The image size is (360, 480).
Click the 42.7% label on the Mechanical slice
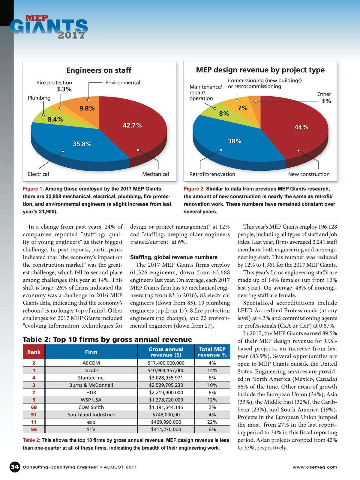click(132, 125)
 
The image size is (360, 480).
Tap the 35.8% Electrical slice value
click(82, 144)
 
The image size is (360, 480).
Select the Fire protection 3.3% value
click(64, 89)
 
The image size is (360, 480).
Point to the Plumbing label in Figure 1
click(39, 98)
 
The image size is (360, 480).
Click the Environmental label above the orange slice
click(123, 82)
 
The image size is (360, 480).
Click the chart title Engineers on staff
click(99, 70)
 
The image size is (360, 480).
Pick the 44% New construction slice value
click(301, 127)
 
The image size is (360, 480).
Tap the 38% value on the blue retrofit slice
click(235, 141)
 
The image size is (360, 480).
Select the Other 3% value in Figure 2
click(326, 101)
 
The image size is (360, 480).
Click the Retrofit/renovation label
click(212, 174)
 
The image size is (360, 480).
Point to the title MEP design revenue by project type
click(260, 70)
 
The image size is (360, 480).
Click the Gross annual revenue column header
click(166, 352)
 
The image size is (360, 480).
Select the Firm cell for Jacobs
click(91, 370)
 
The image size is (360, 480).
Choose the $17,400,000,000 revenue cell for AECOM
click(166, 363)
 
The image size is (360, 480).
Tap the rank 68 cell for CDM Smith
click(34, 407)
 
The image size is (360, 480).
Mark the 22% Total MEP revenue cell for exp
click(212, 422)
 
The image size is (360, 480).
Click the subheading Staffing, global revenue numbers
click(174, 257)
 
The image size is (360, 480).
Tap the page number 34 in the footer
click(15, 467)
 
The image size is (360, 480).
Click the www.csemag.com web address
click(315, 467)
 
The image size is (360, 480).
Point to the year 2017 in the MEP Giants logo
click(71, 35)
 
